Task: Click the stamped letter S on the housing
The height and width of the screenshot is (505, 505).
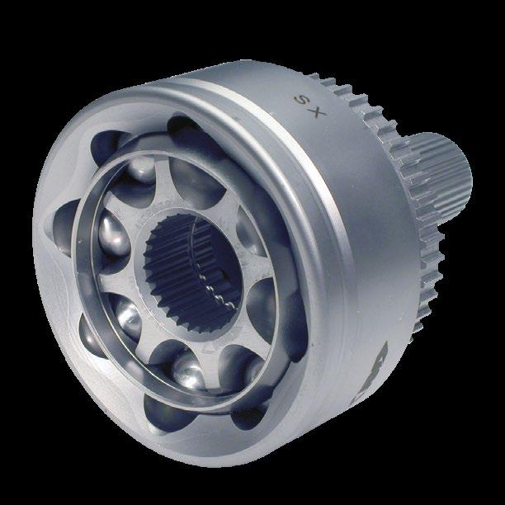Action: (x=301, y=100)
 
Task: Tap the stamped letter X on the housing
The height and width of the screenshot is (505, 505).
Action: (x=317, y=111)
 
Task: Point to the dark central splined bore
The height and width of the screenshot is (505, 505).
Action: (x=193, y=274)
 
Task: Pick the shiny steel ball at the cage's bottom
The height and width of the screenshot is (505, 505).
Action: (x=188, y=370)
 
